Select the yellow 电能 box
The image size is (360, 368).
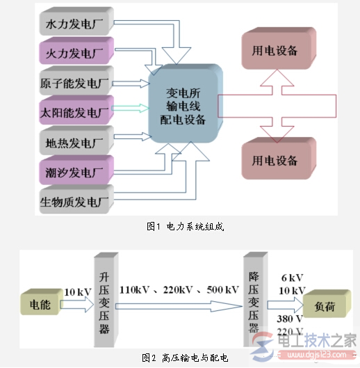(39, 304)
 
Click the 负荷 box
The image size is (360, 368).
(322, 304)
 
